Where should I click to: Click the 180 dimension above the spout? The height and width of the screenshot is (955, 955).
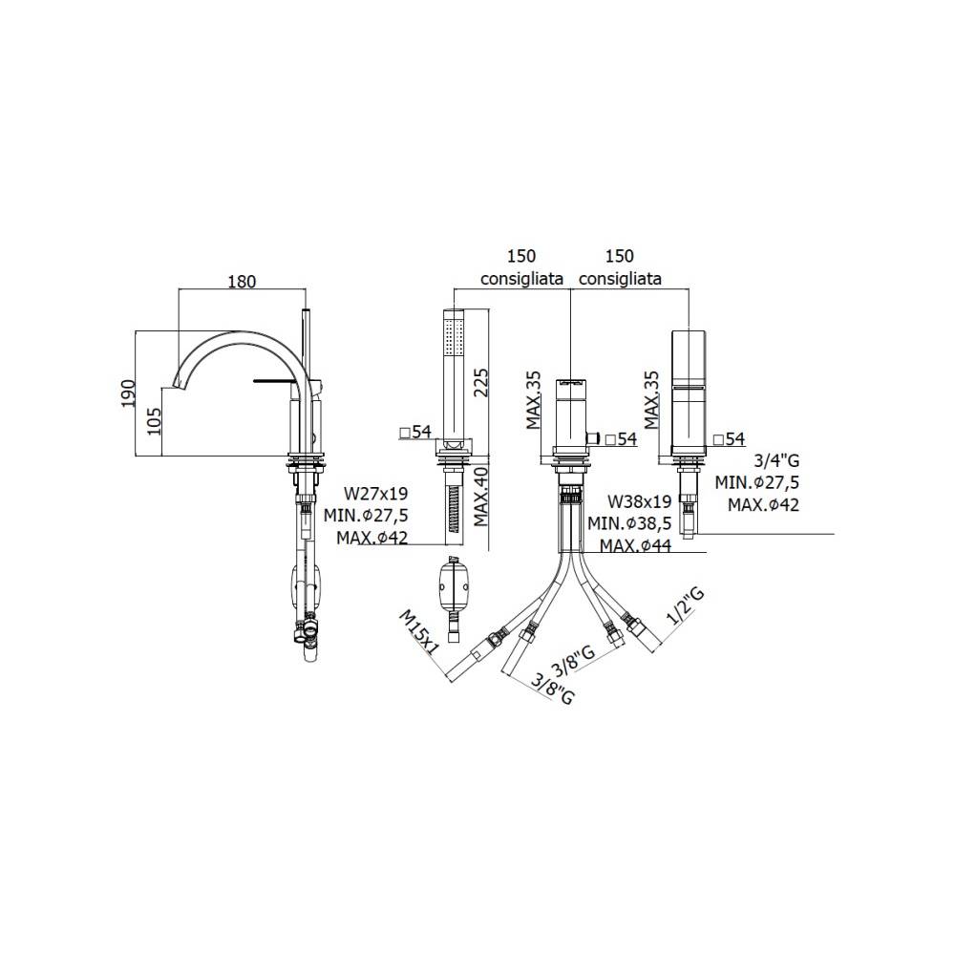pos(242,282)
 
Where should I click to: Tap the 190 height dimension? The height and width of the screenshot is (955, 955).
pos(127,393)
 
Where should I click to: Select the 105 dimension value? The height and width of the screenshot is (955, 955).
pos(154,421)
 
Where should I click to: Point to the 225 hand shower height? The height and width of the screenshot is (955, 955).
pos(480,382)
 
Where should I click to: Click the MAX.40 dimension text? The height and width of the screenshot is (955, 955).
pos(481,496)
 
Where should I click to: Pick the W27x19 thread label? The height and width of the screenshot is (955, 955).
pos(375,493)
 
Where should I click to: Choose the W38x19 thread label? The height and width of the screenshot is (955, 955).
pos(640,501)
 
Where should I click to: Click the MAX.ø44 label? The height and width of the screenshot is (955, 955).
pos(635,545)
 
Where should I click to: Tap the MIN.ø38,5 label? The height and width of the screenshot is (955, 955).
pos(629,523)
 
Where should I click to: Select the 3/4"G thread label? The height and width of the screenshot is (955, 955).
pos(776,460)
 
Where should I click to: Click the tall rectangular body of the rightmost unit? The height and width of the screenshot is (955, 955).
pos(689,389)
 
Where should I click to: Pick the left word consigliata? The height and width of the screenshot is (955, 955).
pos(521,279)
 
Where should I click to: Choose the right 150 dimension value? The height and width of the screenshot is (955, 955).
pos(620,256)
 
